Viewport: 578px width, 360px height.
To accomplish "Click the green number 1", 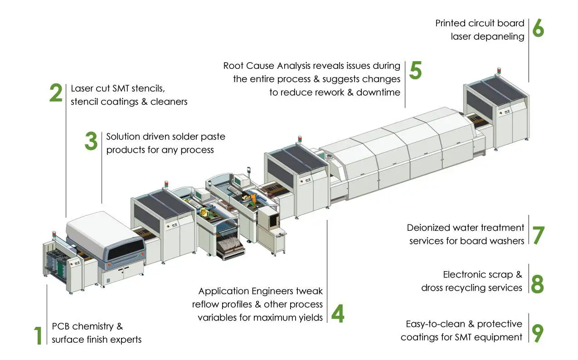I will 38,335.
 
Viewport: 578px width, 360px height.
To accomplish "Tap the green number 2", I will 56,93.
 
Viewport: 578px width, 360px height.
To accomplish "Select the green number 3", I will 91,141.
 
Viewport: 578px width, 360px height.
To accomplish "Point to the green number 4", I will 337,313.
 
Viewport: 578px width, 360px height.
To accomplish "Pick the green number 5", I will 415,70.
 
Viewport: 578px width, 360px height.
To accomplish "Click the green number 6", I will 538,28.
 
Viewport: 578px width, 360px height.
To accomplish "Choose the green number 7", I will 538,235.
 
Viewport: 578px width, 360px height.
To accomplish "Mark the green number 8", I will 537,283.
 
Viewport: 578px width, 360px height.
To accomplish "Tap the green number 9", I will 537,332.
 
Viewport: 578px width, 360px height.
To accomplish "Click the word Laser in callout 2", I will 81,88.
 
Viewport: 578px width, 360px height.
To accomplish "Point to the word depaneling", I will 500,36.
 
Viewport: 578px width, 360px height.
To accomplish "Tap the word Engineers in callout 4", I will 282,291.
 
